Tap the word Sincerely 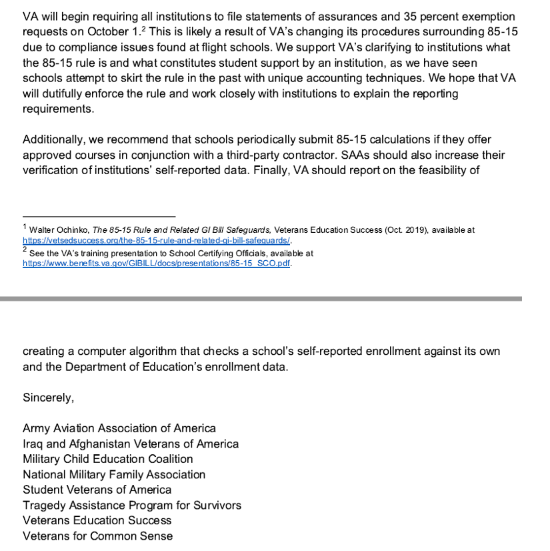tap(48, 398)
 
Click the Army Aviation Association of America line tap(119, 428)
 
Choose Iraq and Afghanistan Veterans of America tap(131, 444)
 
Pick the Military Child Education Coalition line tap(108, 459)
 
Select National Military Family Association tap(114, 474)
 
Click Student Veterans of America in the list tap(97, 490)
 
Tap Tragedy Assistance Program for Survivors tap(132, 505)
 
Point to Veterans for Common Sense tap(97, 536)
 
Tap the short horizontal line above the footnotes tap(99, 216)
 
